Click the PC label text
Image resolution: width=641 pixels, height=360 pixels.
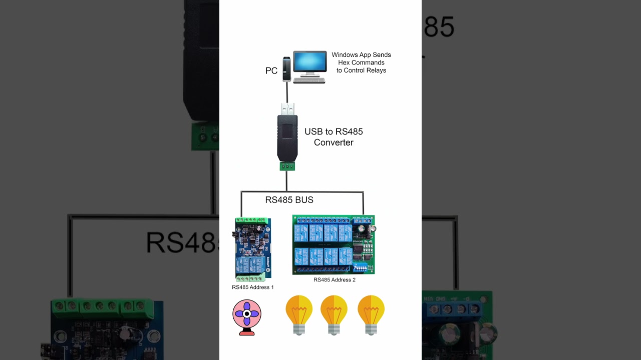point(271,71)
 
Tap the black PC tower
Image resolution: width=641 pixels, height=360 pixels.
point(286,69)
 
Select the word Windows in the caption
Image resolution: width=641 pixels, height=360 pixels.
point(344,55)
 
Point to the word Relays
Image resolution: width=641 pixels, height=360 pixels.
point(376,70)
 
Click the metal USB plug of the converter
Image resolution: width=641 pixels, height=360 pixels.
point(287,108)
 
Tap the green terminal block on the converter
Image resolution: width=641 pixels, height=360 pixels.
point(287,166)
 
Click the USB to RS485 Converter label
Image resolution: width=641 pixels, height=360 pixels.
point(334,137)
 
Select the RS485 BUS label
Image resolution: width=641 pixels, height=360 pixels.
point(289,200)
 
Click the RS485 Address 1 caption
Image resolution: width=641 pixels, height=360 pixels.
point(253,287)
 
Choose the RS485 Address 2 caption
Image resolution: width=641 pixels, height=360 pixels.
point(335,280)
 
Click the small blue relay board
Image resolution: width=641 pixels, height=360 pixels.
point(253,249)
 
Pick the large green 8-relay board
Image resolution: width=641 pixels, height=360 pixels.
point(333,244)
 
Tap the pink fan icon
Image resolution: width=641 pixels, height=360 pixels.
point(247,314)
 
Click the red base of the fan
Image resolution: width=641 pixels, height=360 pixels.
point(247,332)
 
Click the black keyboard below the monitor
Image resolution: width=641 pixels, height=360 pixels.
point(309,80)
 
